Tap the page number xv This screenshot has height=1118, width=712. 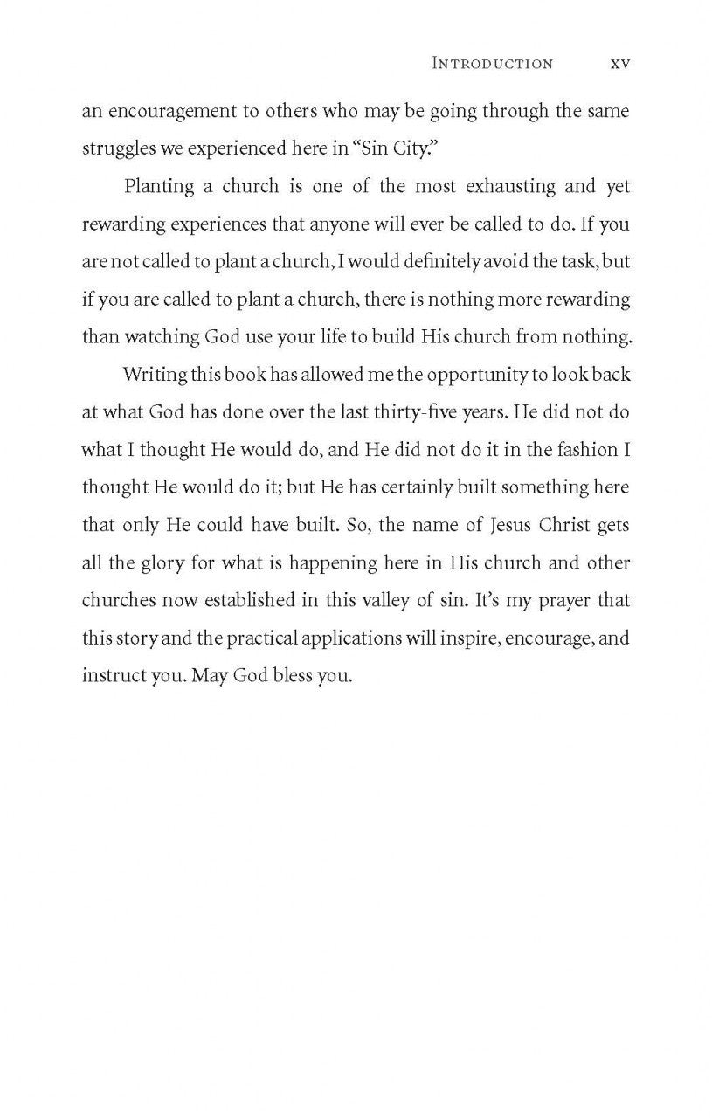coord(619,63)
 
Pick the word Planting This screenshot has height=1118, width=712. coord(159,186)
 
